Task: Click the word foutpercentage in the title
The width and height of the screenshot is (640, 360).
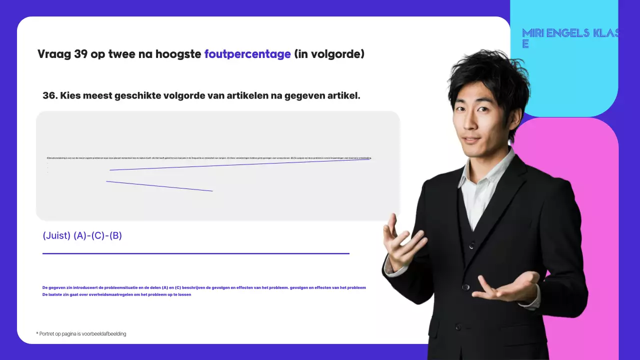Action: (247, 54)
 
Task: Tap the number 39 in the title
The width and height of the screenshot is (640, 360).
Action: (81, 54)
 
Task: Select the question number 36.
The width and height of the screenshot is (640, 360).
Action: (49, 95)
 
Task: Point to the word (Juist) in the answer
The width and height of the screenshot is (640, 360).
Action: (56, 235)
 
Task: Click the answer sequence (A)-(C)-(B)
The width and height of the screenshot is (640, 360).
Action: (97, 235)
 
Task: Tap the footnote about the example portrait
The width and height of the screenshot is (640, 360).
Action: (81, 333)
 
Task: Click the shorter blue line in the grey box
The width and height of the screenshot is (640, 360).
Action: (159, 186)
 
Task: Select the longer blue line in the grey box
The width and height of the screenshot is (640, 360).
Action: (240, 164)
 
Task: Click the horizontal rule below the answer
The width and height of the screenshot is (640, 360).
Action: (195, 253)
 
